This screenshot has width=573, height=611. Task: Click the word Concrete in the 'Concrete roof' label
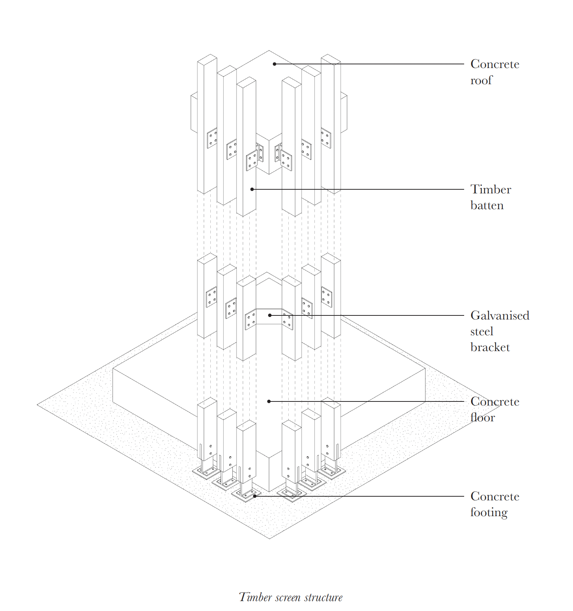[495, 64]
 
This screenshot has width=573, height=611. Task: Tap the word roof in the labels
[481, 80]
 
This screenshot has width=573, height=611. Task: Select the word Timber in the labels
[491, 189]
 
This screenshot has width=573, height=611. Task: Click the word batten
[487, 205]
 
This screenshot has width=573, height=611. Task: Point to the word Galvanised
[500, 315]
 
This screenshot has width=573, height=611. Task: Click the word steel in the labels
[482, 331]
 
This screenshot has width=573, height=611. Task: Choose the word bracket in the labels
[490, 347]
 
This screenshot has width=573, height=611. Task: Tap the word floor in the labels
[483, 417]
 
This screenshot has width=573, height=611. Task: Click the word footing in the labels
[489, 512]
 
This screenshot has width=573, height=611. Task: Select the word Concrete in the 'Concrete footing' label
[495, 496]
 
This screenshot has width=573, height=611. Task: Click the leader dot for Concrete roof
[274, 64]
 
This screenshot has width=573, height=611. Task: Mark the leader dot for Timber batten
[252, 189]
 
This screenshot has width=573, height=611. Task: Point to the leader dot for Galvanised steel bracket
[270, 315]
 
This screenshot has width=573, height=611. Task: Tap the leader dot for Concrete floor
[269, 401]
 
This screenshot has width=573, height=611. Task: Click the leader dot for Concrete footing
[255, 496]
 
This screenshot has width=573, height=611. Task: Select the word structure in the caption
[323, 597]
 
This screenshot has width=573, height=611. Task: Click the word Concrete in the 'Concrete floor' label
[495, 401]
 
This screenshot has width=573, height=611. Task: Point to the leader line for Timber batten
[358, 189]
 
